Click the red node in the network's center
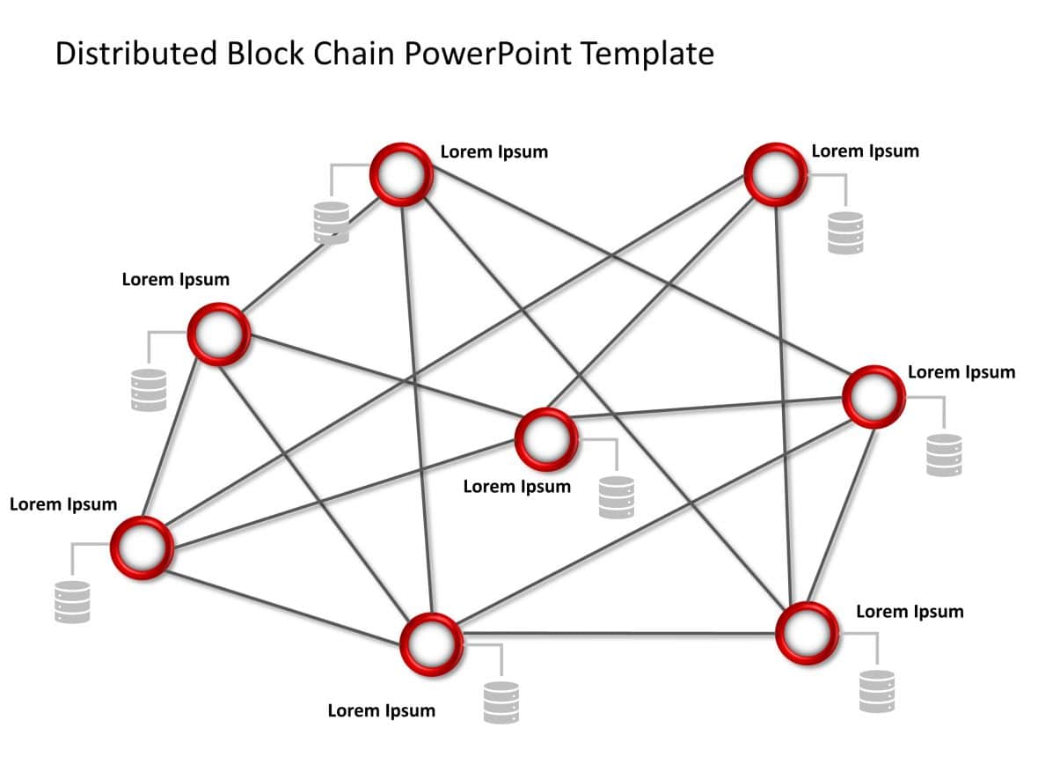[545, 437]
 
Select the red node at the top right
[775, 173]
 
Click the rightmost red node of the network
[874, 397]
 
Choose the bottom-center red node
[431, 643]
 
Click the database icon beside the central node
[616, 497]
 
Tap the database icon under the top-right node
[845, 233]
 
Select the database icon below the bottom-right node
[876, 691]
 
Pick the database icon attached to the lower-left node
[72, 602]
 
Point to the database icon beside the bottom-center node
[501, 702]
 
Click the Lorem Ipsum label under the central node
[516, 487]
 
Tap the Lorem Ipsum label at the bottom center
[381, 710]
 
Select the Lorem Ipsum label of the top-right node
[865, 151]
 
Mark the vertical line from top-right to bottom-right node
[787, 396]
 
